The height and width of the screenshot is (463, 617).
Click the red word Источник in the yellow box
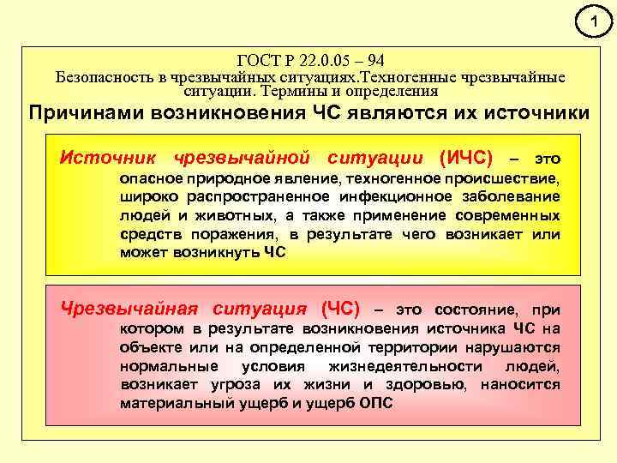[x=107, y=158]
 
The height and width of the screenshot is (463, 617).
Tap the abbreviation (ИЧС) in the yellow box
[x=465, y=158]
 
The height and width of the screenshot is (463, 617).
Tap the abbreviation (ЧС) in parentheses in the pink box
[x=340, y=309]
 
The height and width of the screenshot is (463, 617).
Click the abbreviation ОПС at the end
[x=375, y=403]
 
